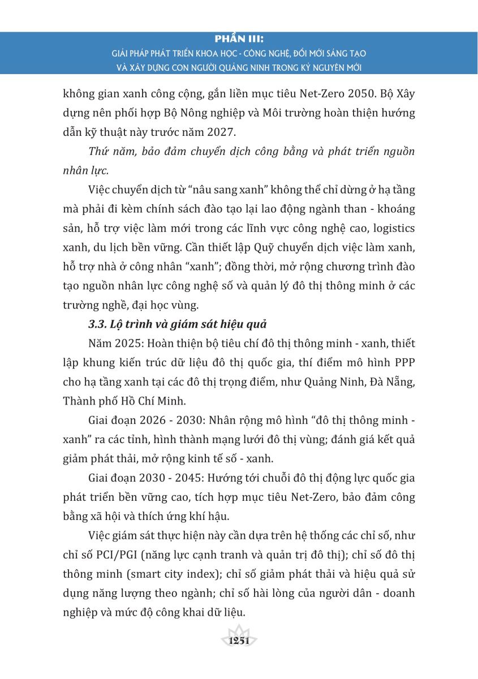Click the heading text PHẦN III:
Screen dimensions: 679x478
pos(239,40)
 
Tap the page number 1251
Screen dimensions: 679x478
pos(239,640)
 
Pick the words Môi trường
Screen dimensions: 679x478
pos(270,113)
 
